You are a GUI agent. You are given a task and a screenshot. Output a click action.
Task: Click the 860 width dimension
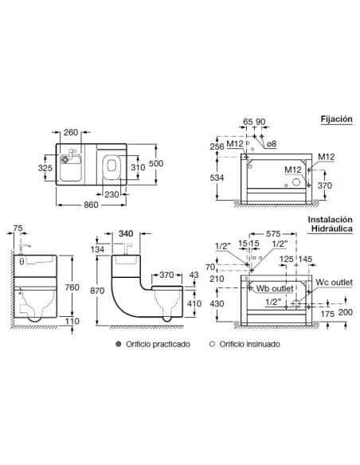tap(91, 205)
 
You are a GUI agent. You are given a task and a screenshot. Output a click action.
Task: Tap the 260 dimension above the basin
tap(71, 132)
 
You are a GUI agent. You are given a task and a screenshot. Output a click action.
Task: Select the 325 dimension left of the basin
tap(45, 168)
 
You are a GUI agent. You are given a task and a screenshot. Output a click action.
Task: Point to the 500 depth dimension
tap(156, 163)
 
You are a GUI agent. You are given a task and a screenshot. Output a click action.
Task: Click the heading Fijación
tap(337, 119)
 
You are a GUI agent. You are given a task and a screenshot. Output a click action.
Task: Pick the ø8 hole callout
tap(272, 144)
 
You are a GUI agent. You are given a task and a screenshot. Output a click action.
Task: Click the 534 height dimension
tap(217, 178)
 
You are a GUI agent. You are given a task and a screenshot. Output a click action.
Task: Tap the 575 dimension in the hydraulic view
tap(273, 233)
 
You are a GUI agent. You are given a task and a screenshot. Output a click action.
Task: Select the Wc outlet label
tap(334, 282)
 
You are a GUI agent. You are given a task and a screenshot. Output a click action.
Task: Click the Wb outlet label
tap(275, 288)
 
